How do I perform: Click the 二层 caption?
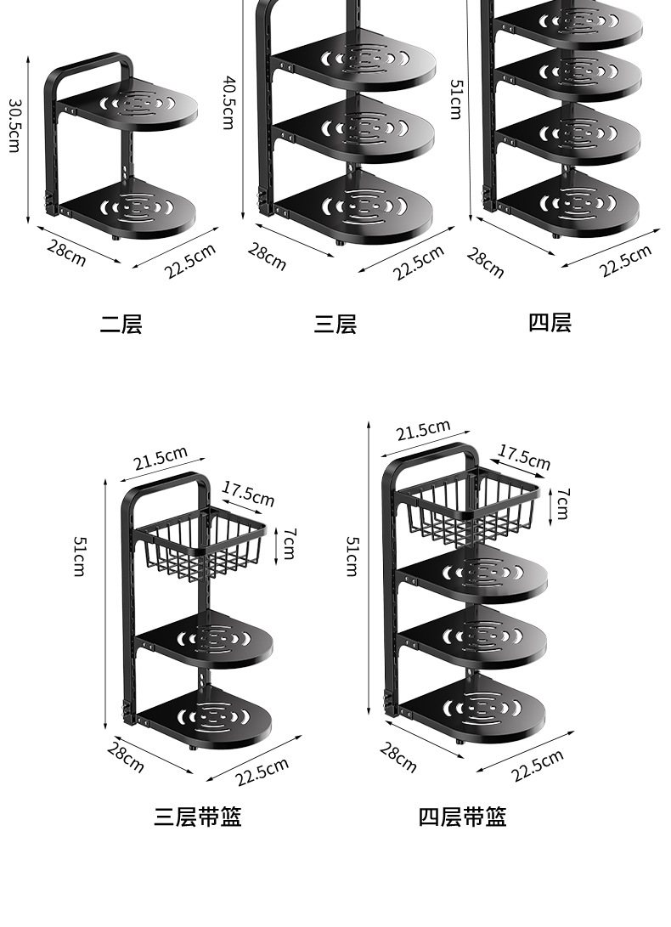click(121, 324)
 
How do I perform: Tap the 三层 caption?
click(335, 324)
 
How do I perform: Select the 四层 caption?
click(550, 322)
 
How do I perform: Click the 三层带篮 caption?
click(198, 817)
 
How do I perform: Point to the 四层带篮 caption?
click(462, 817)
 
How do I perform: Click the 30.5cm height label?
click(14, 126)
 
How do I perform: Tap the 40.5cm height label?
click(228, 102)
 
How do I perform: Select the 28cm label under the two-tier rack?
click(66, 252)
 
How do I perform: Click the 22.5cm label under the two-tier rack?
click(190, 260)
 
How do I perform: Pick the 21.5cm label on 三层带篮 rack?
click(161, 458)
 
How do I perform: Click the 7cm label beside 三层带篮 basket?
click(289, 543)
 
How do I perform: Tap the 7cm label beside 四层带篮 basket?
click(562, 504)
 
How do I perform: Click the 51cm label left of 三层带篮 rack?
click(79, 556)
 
